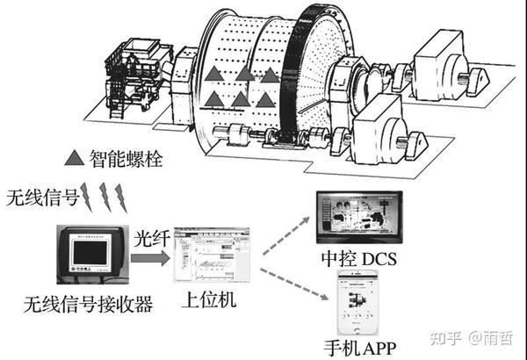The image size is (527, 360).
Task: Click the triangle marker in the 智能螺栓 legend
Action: pos(76,159)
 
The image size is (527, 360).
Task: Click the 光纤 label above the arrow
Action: pos(149,237)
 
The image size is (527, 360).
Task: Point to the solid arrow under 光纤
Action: pos(149,253)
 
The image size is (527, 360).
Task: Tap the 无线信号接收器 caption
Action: pos(90,304)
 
